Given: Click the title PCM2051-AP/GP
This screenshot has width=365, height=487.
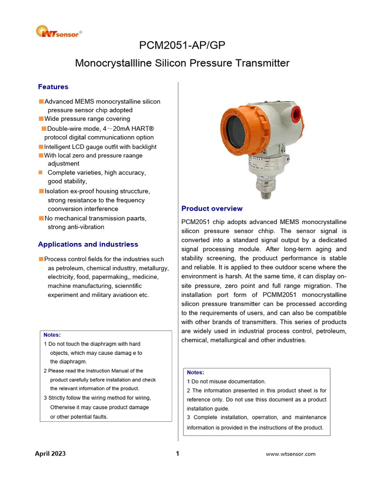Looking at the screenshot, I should (182, 45).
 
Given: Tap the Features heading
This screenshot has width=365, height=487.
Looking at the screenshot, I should (53, 87).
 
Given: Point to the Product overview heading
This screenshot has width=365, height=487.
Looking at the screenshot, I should (212, 208).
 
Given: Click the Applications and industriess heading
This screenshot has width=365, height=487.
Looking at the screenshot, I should (88, 244).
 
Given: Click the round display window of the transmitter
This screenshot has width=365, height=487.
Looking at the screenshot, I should (237, 130).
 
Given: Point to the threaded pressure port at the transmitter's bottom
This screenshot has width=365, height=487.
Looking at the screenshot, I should (263, 190).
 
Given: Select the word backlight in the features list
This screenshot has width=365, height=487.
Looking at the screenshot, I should (142, 147).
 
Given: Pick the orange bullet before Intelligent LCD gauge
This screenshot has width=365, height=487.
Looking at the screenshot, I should (41, 147).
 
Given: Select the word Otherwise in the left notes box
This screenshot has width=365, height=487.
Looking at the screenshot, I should (65, 407).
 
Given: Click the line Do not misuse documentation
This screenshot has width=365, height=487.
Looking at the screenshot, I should (226, 381).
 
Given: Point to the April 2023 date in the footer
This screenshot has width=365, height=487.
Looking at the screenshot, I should (50, 453).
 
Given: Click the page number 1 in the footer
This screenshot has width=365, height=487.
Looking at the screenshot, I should (177, 453).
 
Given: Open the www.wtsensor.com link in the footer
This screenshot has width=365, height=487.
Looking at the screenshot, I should (290, 454).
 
